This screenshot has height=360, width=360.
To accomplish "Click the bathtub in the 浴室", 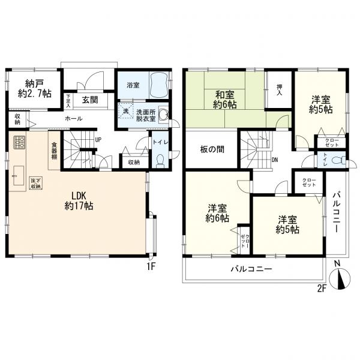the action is pyautogui.click(x=158, y=85).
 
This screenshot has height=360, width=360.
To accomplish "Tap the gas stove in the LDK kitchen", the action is pyautogui.click(x=19, y=143).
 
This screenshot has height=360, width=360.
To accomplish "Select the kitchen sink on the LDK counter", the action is pyautogui.click(x=19, y=175).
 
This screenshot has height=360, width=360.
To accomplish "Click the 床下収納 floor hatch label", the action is pyautogui.click(x=36, y=183).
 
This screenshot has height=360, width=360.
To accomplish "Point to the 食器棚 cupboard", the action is pyautogui.click(x=54, y=150).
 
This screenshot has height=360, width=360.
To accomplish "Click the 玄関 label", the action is pyautogui.click(x=90, y=100).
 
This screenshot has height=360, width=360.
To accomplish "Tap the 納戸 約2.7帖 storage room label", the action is pyautogui.click(x=35, y=89).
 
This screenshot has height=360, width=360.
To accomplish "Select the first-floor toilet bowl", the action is pyautogui.click(x=160, y=160).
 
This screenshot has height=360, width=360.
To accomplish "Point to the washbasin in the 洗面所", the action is pyautogui.click(x=163, y=114).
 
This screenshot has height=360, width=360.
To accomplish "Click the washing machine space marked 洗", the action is pyautogui.click(x=125, y=111).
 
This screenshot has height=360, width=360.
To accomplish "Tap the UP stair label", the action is pyautogui.click(x=98, y=140).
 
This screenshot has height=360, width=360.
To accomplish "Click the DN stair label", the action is pyautogui.click(x=275, y=160).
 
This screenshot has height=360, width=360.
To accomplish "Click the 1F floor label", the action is pyautogui.click(x=151, y=266).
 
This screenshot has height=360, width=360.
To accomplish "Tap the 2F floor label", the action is pyautogui.click(x=322, y=289).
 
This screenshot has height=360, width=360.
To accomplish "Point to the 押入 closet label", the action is pyautogui.click(x=279, y=90).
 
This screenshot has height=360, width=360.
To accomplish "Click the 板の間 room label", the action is pyautogui.click(x=212, y=149).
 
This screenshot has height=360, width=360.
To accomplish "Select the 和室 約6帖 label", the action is pyautogui.click(x=225, y=100).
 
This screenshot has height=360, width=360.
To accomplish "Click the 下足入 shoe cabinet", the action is pyautogui.click(x=68, y=100).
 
